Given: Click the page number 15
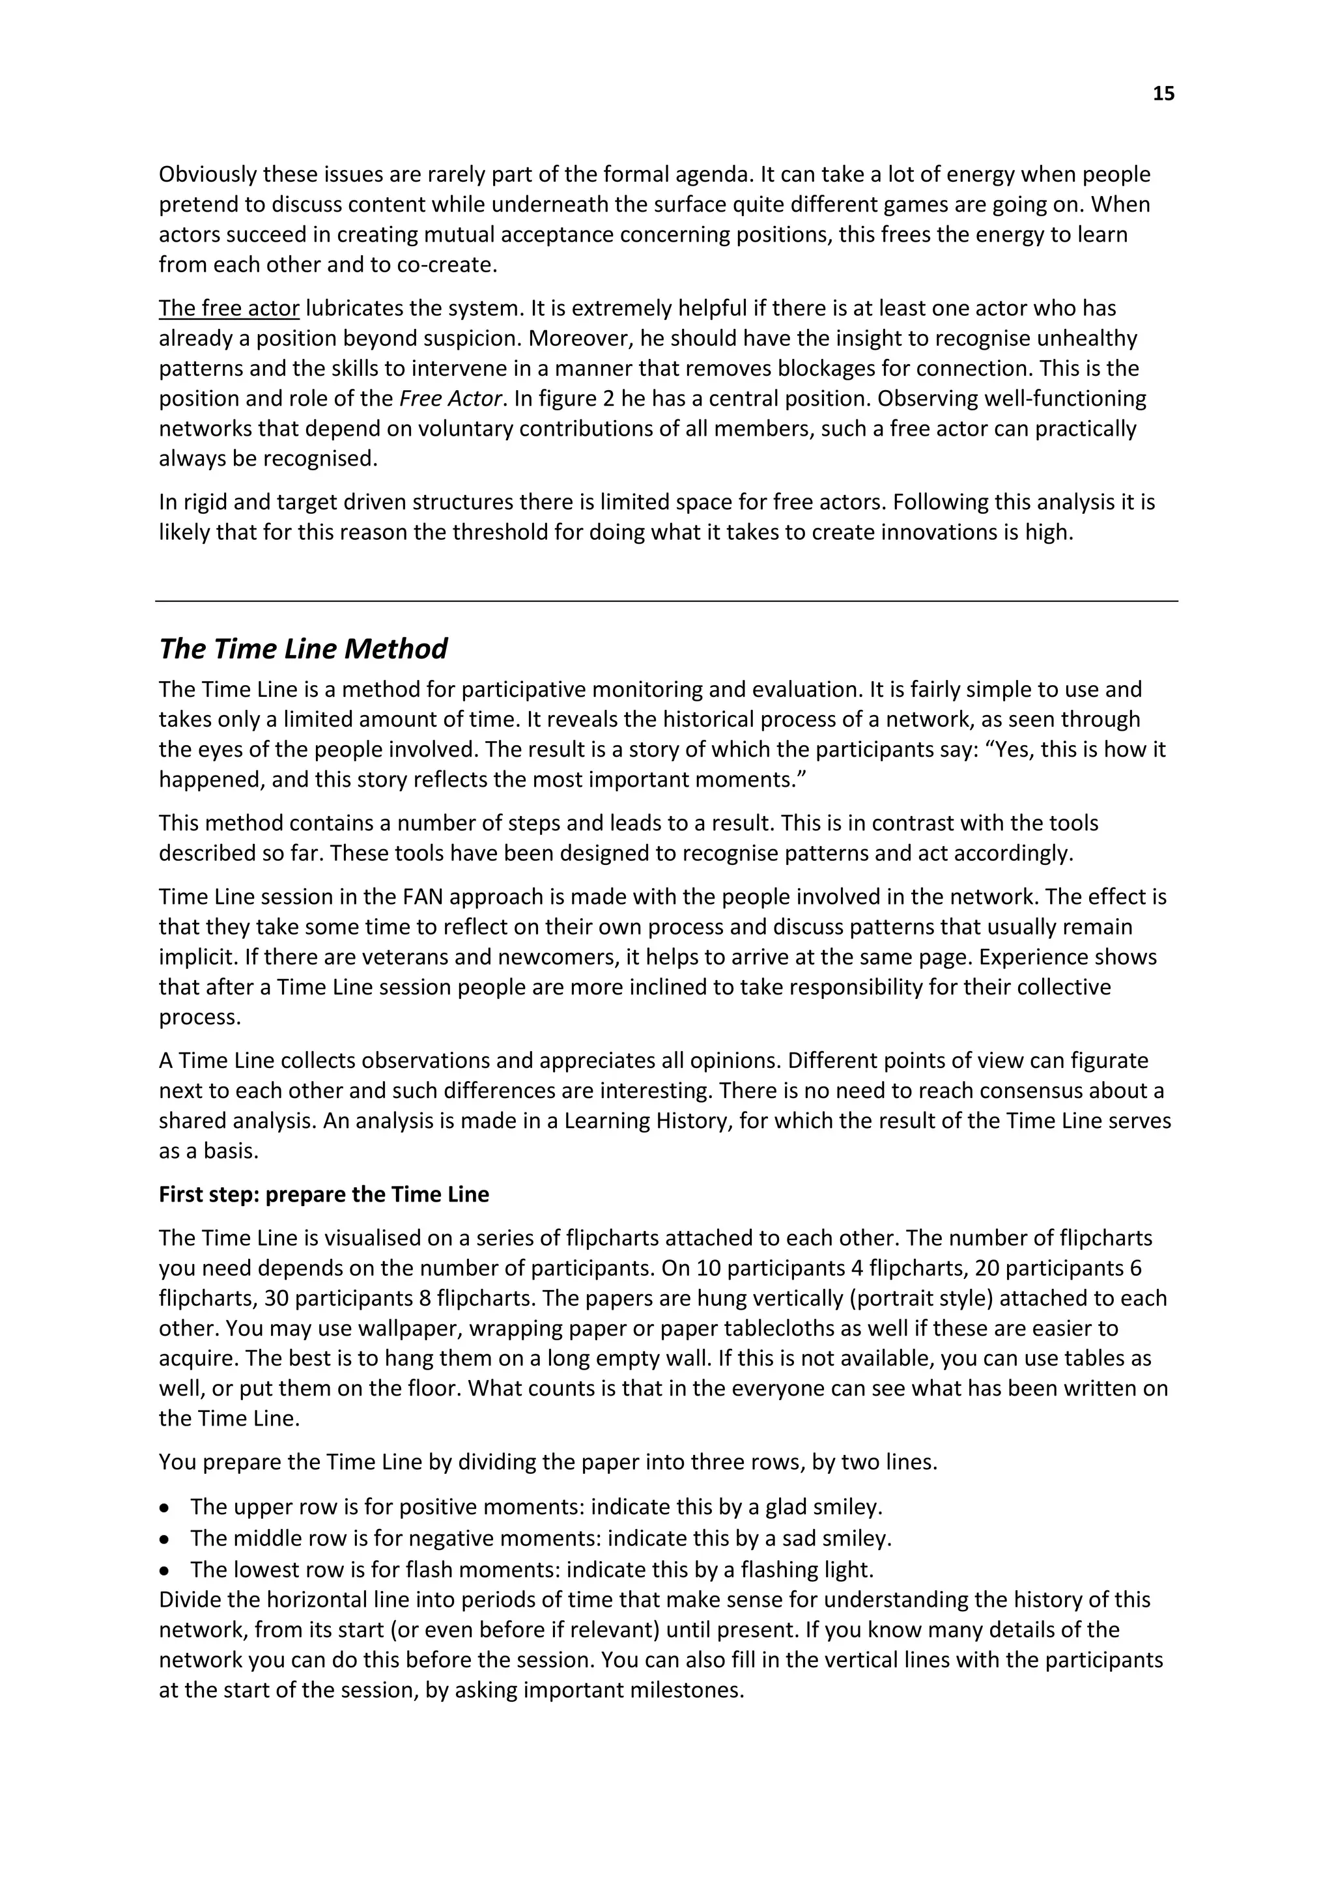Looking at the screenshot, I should pyautogui.click(x=1163, y=94).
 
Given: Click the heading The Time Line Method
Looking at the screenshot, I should pyautogui.click(x=302, y=649).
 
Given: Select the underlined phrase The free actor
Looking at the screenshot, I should pyautogui.click(x=229, y=308).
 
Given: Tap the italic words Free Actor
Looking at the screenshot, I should pyautogui.click(x=450, y=399).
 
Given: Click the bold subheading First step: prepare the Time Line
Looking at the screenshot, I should pyautogui.click(x=324, y=1194).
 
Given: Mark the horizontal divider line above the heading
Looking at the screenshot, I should pyautogui.click(x=666, y=601).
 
